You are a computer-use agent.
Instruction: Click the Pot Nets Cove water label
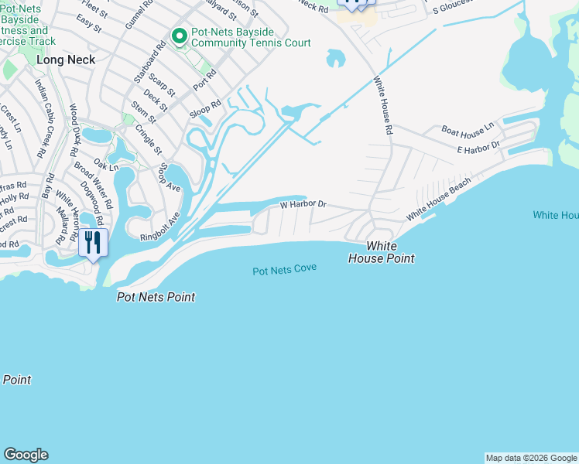point(284,271)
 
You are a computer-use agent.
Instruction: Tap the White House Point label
point(390,252)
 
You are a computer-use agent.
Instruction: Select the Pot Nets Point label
point(156,297)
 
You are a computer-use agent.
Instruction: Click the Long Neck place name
point(66,60)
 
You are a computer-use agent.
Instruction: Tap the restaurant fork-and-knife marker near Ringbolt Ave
point(93,243)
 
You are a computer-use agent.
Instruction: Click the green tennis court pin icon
point(179,36)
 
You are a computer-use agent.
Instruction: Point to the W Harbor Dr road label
point(303,205)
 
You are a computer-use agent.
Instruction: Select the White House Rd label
point(382,106)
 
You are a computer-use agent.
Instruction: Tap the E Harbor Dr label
point(478,147)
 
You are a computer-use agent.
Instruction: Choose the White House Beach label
point(439,197)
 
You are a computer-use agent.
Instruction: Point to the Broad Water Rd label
point(94,186)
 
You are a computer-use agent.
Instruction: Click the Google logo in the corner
point(26,455)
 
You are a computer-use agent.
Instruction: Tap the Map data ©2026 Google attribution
point(531,458)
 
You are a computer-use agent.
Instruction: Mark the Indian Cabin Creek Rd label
point(43,113)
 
